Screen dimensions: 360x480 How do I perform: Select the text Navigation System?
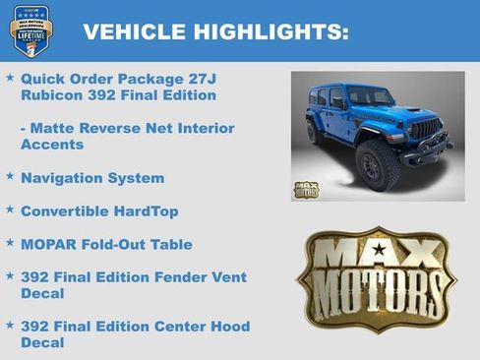(92, 178)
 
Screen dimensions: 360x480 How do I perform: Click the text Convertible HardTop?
(99, 210)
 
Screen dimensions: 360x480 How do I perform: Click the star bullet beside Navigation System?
(10, 176)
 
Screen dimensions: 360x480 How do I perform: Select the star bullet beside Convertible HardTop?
(10, 209)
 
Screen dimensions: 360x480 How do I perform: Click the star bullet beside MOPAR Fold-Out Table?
(10, 242)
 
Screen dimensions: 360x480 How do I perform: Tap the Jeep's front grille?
(426, 128)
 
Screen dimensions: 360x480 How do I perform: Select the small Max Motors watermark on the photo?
(307, 190)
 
